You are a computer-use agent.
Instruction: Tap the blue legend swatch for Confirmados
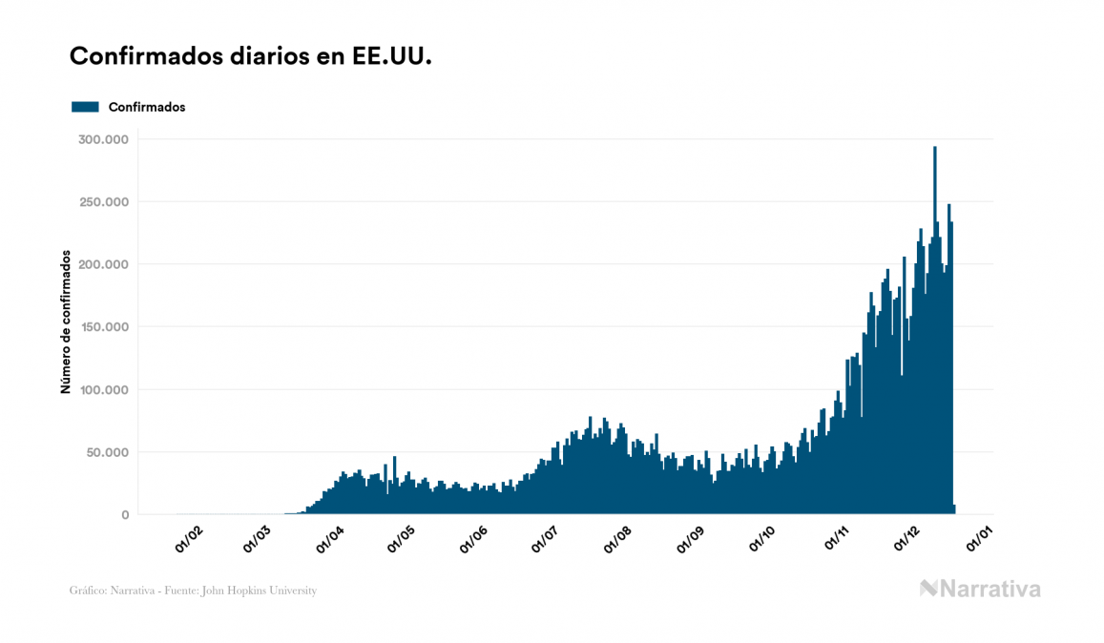(x=85, y=107)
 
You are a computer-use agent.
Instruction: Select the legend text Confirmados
(x=147, y=107)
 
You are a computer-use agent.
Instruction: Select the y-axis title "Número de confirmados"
(x=66, y=321)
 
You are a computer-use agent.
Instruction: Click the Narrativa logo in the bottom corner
(x=980, y=589)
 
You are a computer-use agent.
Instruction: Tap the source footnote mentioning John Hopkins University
(x=193, y=591)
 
